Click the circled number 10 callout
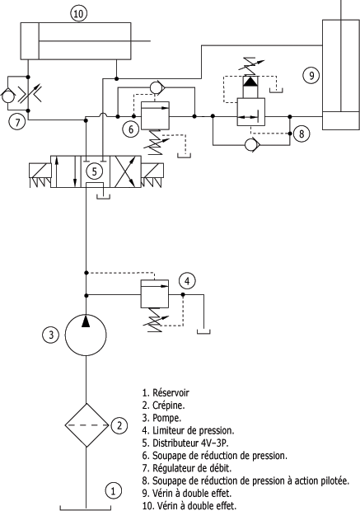[x=78, y=14]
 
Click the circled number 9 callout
[x=311, y=75]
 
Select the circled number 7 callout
[x=17, y=122]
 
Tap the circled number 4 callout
[x=187, y=281]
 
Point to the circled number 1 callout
[x=113, y=490]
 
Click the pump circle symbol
[x=86, y=335]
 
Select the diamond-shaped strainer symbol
[x=86, y=425]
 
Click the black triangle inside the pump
[x=86, y=321]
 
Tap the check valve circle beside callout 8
[x=251, y=145]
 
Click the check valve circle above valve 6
[x=157, y=87]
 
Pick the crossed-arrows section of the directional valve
[x=126, y=171]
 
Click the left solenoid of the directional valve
[x=40, y=176]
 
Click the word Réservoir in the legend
[x=171, y=392]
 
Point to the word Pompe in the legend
[x=166, y=418]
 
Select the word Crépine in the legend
[x=168, y=406]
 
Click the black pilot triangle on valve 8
[x=250, y=81]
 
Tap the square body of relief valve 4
[x=155, y=293]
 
